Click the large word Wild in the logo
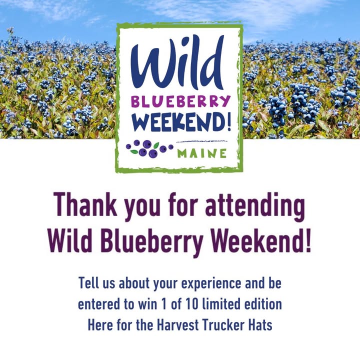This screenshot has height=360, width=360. [x=177, y=63]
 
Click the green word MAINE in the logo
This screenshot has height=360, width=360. [x=202, y=153]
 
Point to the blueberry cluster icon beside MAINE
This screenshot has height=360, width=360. [x=149, y=148]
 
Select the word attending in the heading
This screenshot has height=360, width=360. [x=255, y=207]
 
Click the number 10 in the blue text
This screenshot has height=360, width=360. [x=192, y=304]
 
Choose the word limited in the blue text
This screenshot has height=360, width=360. [x=221, y=303]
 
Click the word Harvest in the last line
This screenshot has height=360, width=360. [x=178, y=325]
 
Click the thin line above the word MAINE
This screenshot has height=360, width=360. [x=202, y=141]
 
